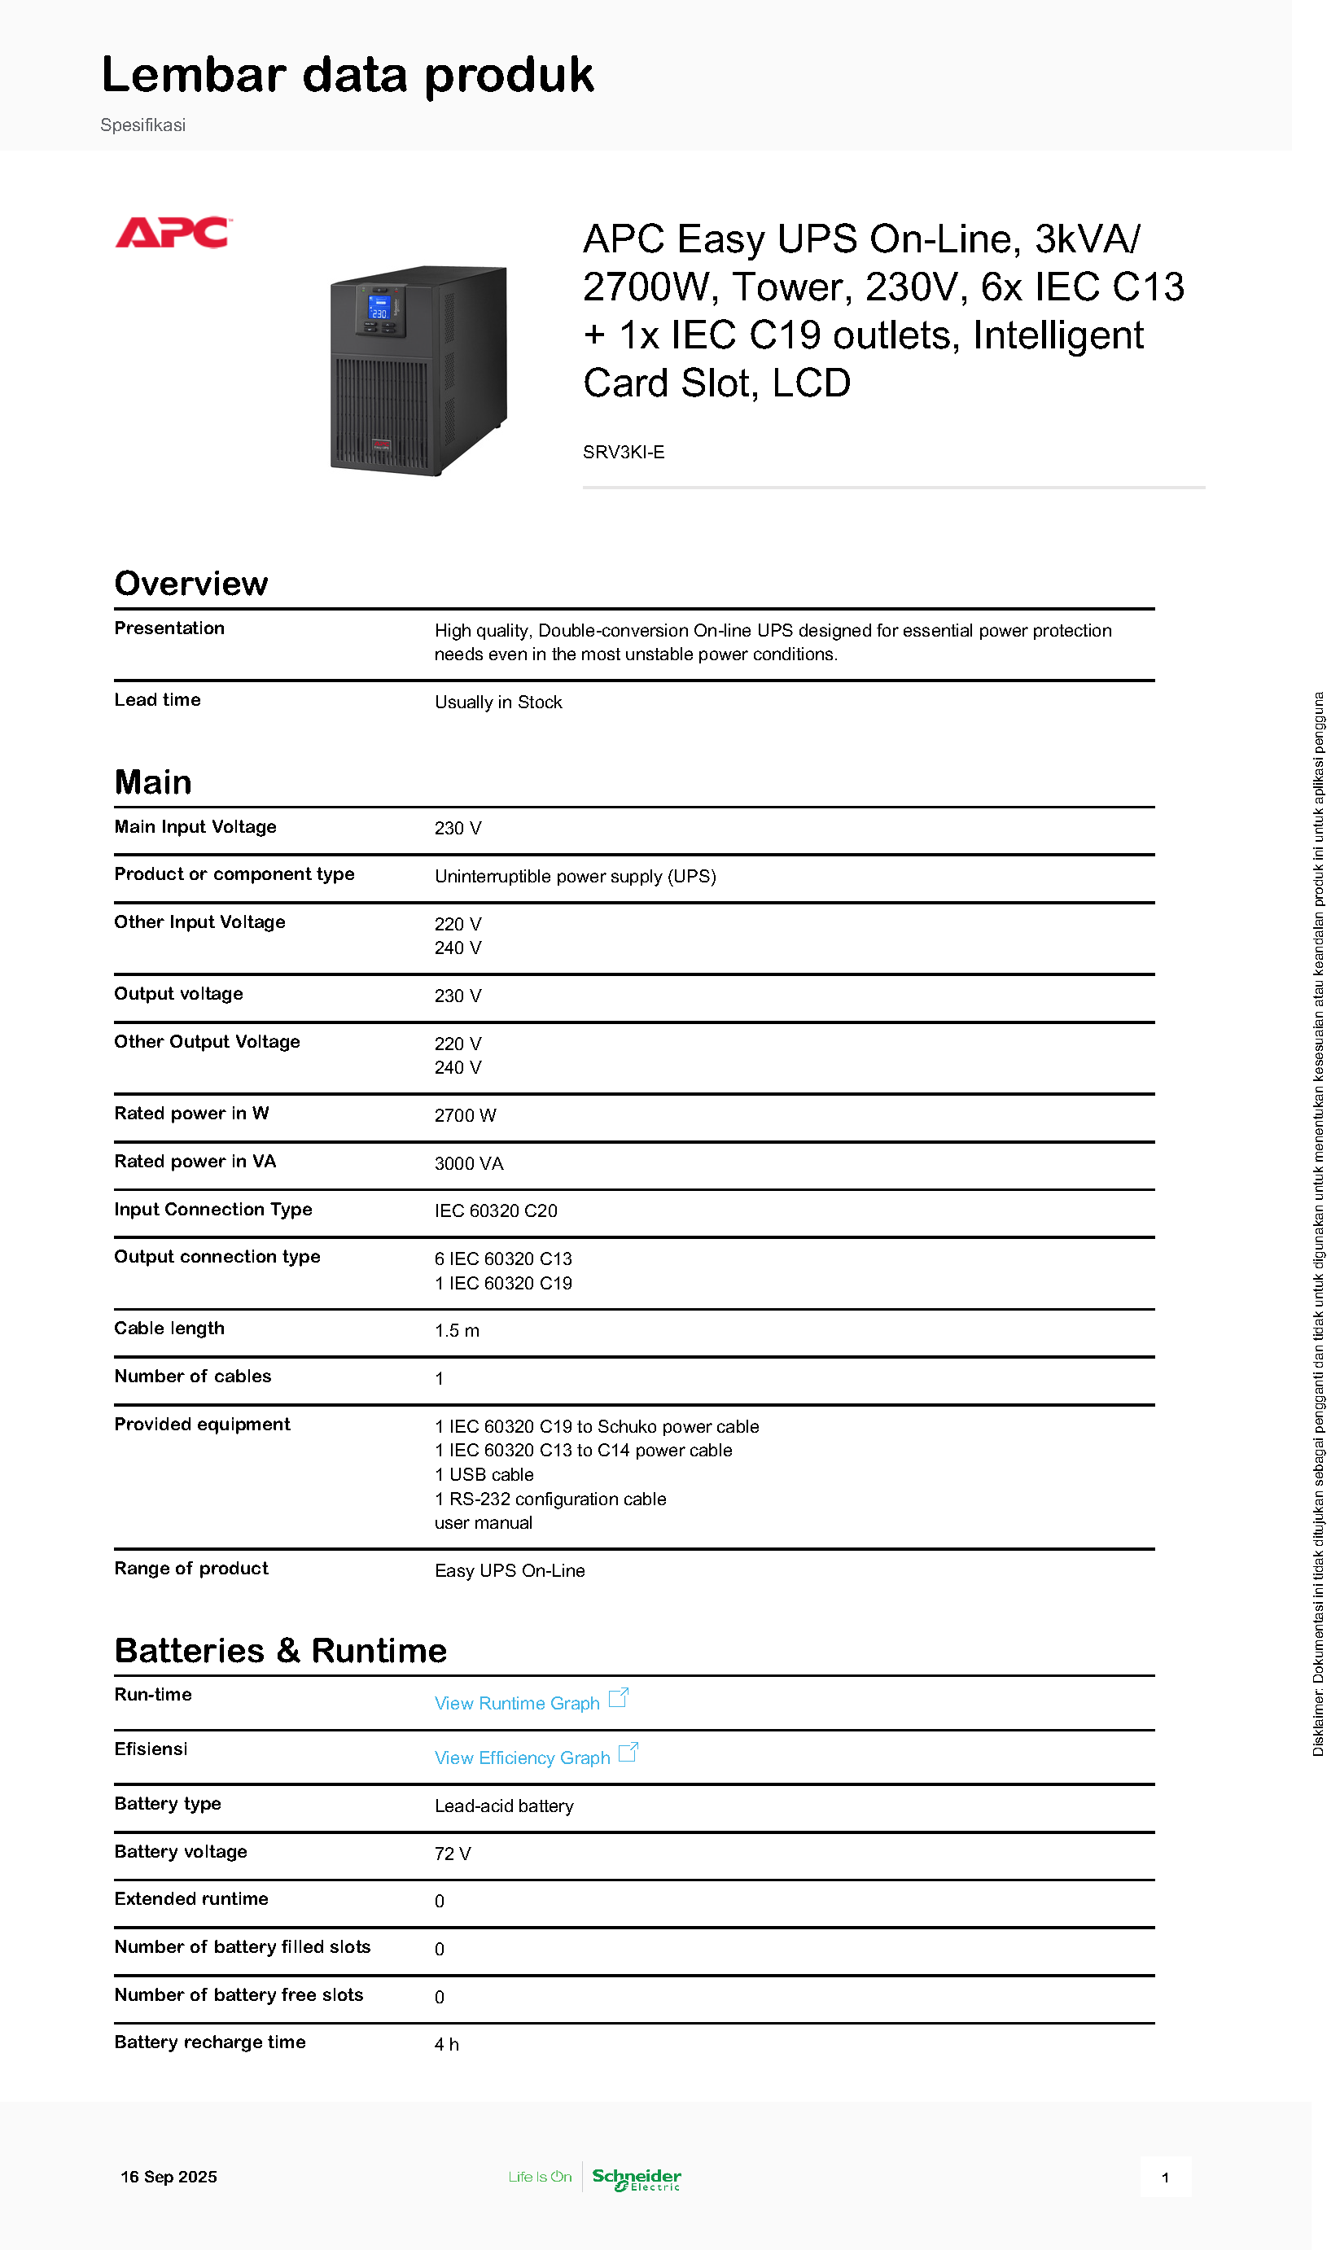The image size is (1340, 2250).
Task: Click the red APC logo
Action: (173, 232)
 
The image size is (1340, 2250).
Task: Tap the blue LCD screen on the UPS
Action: (379, 307)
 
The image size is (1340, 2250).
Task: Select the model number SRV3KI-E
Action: (623, 453)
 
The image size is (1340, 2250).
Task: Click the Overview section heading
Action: (190, 584)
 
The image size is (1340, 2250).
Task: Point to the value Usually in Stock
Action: (497, 703)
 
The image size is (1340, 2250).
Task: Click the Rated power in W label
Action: (191, 1114)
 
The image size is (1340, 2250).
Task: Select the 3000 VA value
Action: (469, 1163)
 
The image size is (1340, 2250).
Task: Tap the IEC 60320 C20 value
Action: (496, 1210)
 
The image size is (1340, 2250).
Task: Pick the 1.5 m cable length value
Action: (457, 1331)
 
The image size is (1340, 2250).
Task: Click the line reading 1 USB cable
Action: (484, 1474)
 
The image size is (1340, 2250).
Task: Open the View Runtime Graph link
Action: (516, 1703)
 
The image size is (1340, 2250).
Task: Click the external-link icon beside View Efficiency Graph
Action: (628, 1753)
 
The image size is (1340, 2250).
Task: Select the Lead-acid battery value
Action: (504, 1806)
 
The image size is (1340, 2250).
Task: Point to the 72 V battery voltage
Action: (453, 1854)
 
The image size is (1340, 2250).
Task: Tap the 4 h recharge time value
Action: (447, 2044)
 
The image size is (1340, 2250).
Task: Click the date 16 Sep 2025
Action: (169, 2177)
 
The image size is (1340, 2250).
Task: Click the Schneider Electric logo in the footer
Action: (637, 2178)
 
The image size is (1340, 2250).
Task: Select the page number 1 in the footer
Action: (1165, 2178)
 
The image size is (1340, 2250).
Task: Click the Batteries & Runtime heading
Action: (280, 1651)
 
